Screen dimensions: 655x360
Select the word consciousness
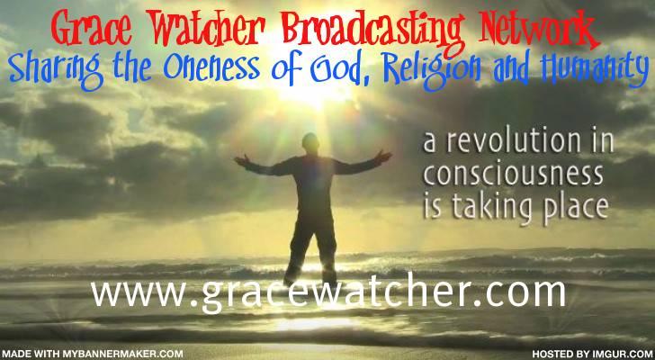point(514,175)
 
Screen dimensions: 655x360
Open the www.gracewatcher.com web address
point(328,293)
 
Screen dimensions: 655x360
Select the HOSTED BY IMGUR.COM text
point(593,354)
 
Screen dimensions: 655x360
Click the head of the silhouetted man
point(310,143)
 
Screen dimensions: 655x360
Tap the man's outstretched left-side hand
point(242,160)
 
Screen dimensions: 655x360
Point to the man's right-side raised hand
point(382,156)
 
